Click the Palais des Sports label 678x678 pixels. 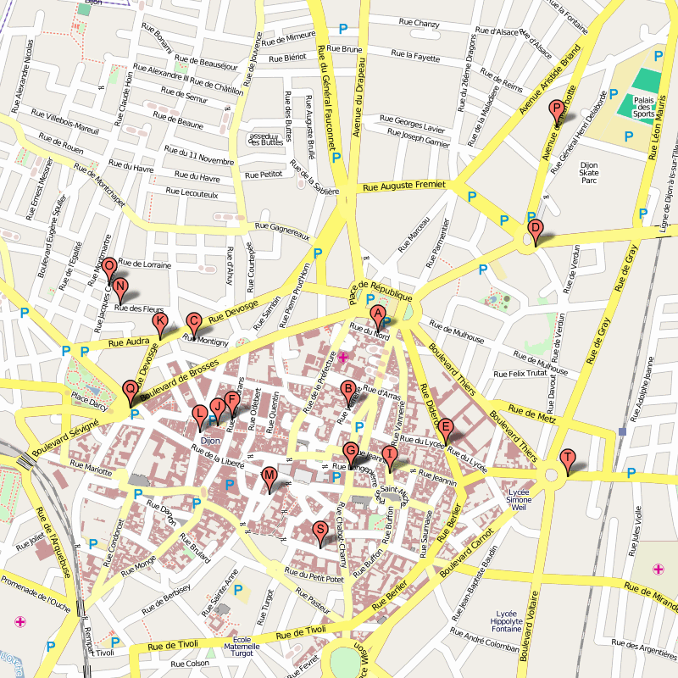tap(644, 107)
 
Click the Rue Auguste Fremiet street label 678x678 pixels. tap(403, 186)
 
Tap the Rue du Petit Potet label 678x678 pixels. tap(314, 577)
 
